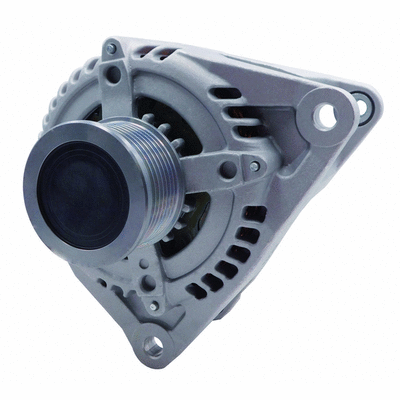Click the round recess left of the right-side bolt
[x=231, y=171]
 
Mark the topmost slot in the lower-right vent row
[x=257, y=214]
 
